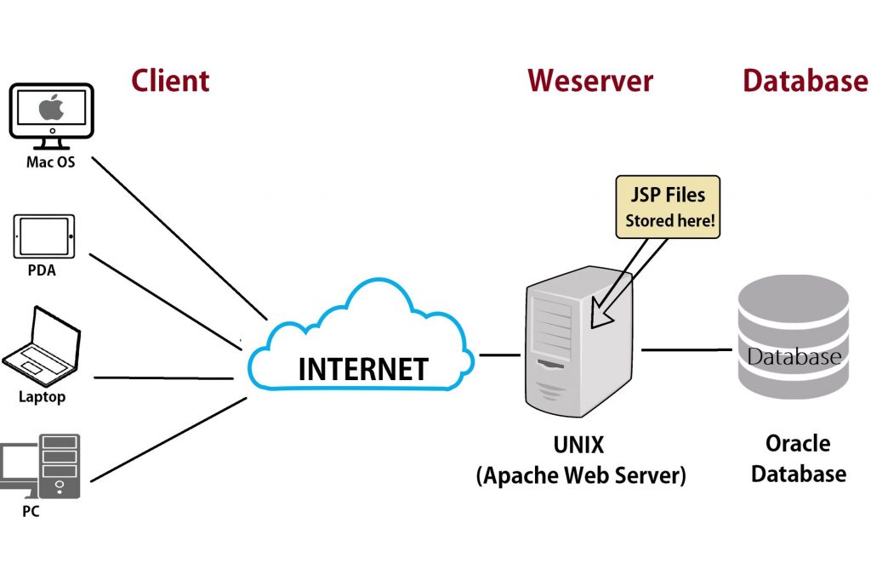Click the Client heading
coord(170,81)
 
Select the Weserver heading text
coord(590,81)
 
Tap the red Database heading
coord(805,81)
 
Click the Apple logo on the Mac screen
coord(51,108)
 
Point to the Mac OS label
coord(49,162)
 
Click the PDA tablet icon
coord(44,236)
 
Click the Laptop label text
coord(42,397)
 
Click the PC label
coord(31,512)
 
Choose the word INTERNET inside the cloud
coord(362,370)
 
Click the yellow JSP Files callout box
coord(667,207)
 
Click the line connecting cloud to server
coord(499,355)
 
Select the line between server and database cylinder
coord(686,349)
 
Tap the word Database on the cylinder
coord(794,356)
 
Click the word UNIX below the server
coord(580,445)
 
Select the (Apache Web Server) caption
coord(581,474)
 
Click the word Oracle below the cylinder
coord(797,444)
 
